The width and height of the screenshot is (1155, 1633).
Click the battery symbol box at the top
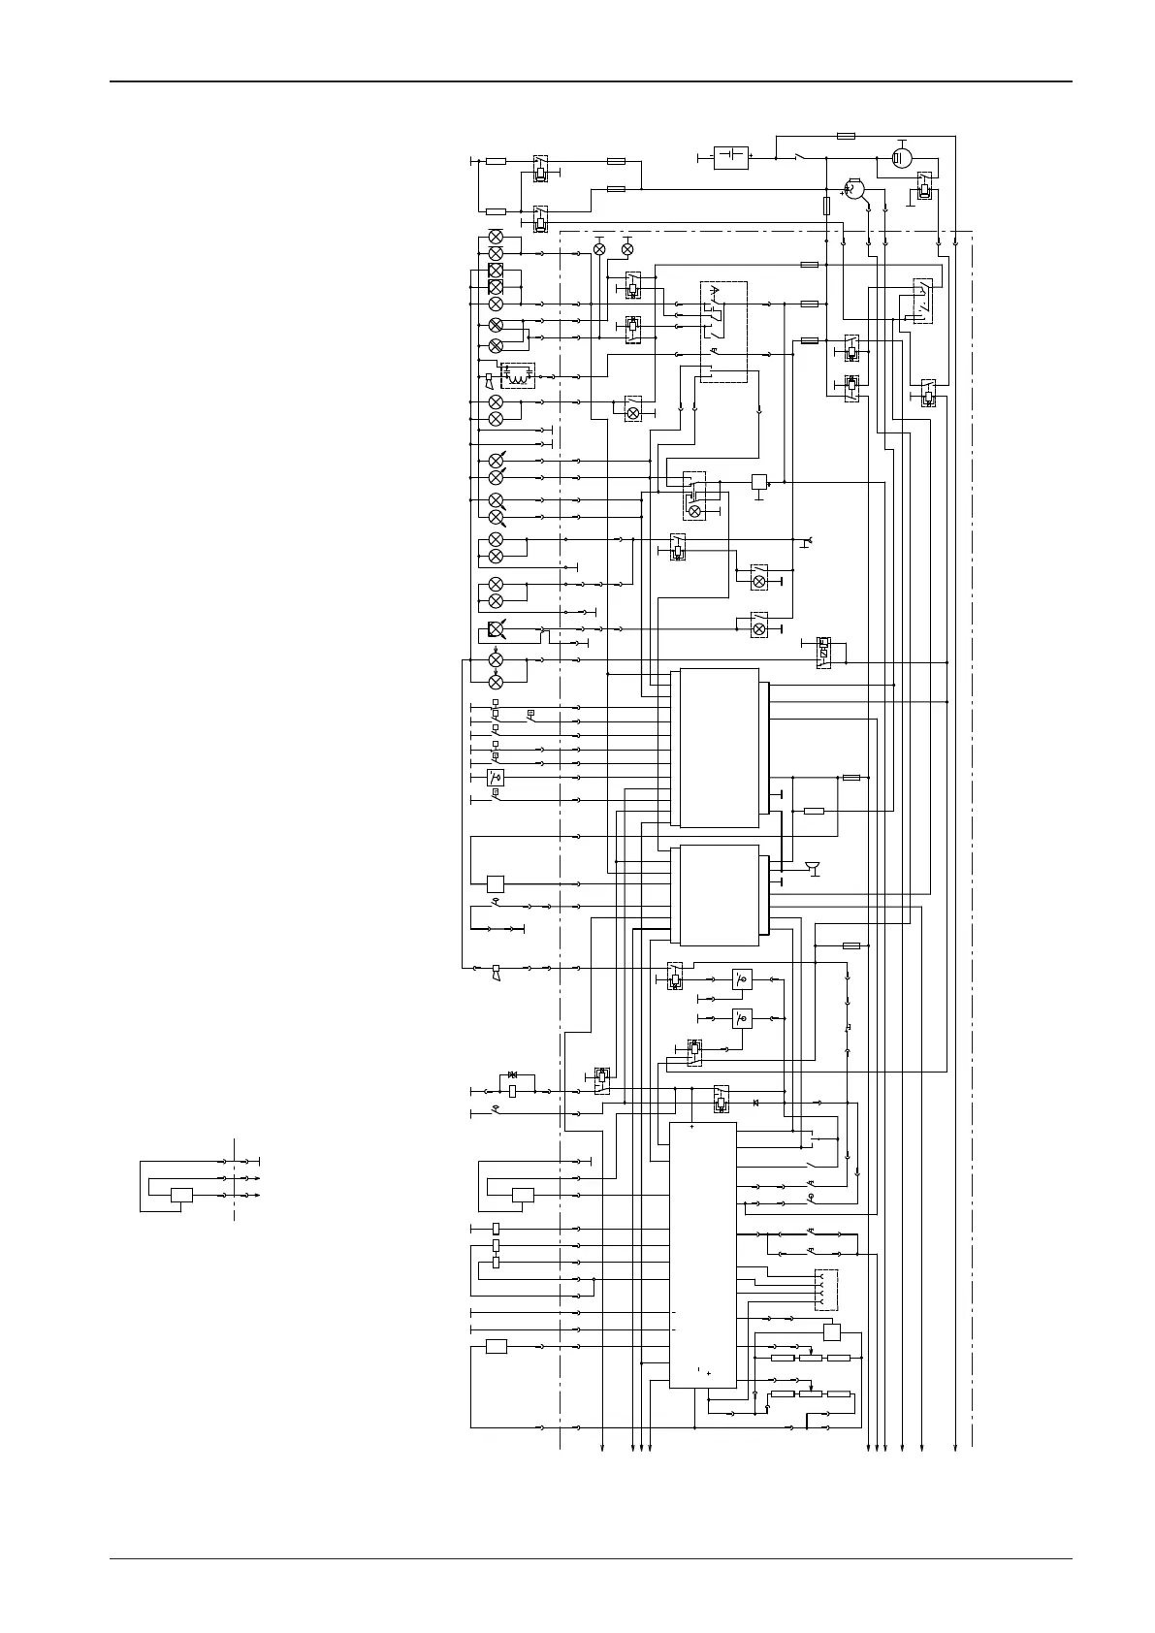click(730, 157)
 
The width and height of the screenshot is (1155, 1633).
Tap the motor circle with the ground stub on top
click(902, 157)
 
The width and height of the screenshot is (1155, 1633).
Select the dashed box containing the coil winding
click(519, 375)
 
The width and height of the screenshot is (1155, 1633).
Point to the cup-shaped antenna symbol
click(813, 867)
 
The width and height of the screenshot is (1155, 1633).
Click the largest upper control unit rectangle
click(720, 747)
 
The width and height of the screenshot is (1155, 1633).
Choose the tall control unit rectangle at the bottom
click(703, 1256)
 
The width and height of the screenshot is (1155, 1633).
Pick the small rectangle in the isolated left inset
click(181, 1195)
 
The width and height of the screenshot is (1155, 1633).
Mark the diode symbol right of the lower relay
click(755, 1104)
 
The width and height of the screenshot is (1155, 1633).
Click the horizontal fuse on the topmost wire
click(846, 136)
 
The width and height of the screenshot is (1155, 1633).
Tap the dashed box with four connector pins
click(826, 1290)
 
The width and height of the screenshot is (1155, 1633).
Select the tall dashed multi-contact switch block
click(723, 332)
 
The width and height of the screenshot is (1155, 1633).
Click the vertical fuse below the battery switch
click(826, 206)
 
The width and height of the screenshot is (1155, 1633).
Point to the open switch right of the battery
click(798, 156)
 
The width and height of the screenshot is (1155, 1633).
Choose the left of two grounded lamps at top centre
click(599, 250)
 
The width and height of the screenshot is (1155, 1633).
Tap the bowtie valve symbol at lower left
click(513, 1075)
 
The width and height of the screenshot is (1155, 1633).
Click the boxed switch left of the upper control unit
click(496, 777)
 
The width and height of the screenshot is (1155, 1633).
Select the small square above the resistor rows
click(831, 1331)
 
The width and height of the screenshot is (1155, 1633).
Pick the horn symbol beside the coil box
click(489, 393)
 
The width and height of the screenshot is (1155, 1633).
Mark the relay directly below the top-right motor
click(925, 189)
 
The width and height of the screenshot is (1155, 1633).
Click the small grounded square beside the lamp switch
click(759, 482)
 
